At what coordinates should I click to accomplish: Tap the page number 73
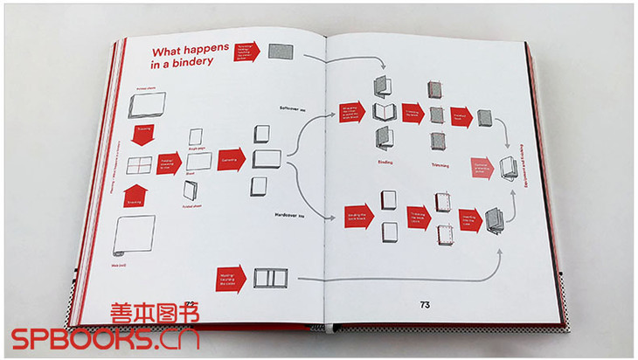tap(425, 305)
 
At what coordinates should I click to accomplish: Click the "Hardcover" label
tap(289, 213)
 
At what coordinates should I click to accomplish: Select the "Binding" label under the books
tap(385, 163)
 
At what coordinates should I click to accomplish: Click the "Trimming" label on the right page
tap(439, 163)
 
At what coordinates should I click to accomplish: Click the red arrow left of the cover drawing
tap(228, 280)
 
